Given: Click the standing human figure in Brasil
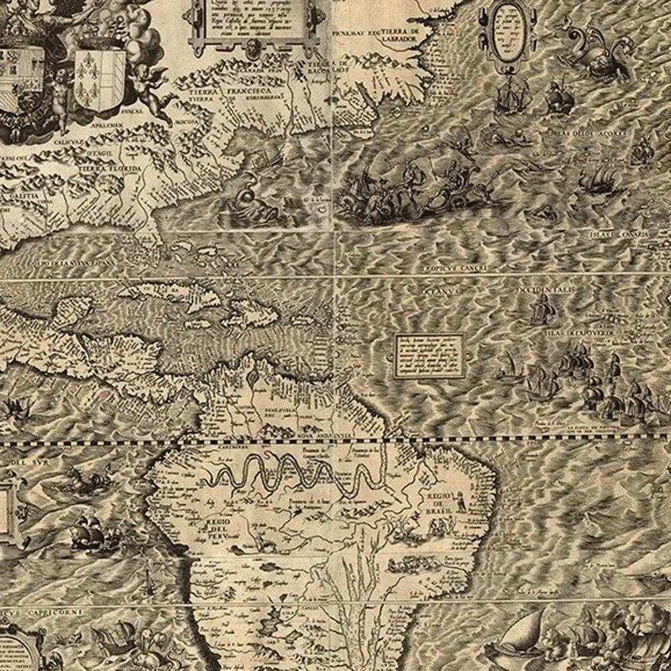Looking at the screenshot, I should coord(462,500).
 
